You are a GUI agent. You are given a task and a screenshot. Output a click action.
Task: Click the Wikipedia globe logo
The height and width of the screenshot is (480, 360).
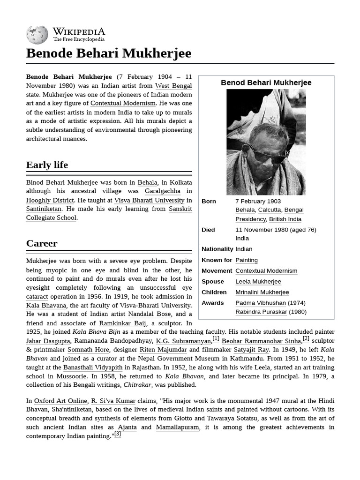coord(37,34)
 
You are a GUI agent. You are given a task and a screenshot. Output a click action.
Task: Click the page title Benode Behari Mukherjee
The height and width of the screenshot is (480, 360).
coord(109,53)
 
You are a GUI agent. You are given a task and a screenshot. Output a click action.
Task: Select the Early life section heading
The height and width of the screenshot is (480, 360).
coord(47,165)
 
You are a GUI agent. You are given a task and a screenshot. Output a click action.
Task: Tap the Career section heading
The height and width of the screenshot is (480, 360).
coord(42,243)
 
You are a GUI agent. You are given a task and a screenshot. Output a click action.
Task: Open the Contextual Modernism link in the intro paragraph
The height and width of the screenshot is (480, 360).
coord(123,103)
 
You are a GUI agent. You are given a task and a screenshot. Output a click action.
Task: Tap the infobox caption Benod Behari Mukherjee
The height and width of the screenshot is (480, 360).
coord(266,83)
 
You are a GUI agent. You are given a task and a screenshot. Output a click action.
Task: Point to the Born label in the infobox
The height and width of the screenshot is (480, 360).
coord(209,201)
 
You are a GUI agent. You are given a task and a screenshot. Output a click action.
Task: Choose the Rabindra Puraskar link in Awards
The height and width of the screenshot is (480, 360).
coord(261,312)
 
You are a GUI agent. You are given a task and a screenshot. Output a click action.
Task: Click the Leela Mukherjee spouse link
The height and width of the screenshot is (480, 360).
coord(258,281)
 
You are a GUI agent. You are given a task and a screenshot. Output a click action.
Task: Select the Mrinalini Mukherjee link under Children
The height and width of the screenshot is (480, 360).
coord(262,292)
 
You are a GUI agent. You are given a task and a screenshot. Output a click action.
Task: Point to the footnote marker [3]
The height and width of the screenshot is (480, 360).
coord(118,434)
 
